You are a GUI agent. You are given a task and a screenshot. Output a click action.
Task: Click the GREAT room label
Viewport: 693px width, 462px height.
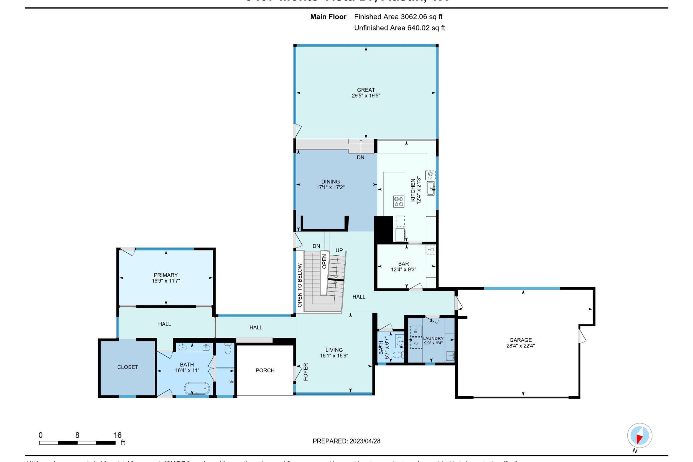(366, 90)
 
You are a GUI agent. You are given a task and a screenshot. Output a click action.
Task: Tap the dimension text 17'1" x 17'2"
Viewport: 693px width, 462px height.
(330, 187)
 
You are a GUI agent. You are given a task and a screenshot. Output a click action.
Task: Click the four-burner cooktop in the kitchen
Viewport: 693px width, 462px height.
(399, 202)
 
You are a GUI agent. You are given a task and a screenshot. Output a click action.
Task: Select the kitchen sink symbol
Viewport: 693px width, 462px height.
(430, 188)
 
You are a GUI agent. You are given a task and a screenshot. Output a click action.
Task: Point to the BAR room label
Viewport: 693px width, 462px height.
(403, 264)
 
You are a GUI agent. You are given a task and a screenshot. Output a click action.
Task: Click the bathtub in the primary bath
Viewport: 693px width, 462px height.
(197, 388)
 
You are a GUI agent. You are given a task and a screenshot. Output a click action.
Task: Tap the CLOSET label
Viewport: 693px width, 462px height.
(128, 367)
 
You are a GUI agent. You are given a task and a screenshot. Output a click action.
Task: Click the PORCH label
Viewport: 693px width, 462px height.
(265, 370)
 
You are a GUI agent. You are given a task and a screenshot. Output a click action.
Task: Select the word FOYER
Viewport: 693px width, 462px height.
(305, 372)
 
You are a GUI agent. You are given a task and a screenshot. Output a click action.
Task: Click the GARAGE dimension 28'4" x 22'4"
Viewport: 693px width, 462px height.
(520, 346)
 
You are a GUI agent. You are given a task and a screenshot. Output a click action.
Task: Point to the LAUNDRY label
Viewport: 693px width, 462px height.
(433, 339)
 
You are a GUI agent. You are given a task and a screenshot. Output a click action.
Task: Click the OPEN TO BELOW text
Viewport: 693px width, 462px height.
(300, 285)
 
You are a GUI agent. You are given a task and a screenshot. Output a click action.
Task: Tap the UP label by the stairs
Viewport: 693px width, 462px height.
(339, 250)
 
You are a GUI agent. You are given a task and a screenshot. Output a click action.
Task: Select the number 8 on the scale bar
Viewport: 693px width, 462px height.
(77, 435)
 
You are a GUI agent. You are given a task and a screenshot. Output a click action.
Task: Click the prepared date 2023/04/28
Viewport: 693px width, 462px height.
(365, 441)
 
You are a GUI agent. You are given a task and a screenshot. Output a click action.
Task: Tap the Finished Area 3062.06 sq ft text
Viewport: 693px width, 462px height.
(398, 17)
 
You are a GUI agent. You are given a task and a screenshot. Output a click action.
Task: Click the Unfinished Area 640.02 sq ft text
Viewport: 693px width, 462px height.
(399, 28)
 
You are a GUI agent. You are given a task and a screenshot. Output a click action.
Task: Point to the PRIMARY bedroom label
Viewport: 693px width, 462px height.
(165, 275)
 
